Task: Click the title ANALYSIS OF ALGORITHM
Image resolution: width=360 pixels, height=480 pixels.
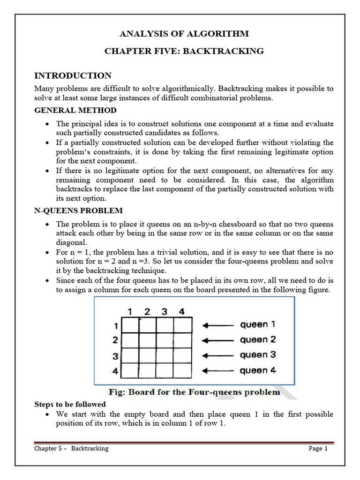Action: [x=184, y=34]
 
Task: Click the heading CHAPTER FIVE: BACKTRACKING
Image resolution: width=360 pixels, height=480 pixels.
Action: [x=184, y=51]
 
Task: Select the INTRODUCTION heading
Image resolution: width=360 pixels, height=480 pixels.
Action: [x=73, y=75]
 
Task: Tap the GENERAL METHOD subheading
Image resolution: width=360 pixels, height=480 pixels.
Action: [x=75, y=110]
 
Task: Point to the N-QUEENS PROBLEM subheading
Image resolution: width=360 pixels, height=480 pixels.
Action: [x=79, y=210]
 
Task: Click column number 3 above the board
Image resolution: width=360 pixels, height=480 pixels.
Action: [x=165, y=311]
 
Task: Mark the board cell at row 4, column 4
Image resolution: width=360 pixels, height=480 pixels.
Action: [x=182, y=370]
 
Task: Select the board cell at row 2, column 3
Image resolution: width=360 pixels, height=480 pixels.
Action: [x=165, y=340]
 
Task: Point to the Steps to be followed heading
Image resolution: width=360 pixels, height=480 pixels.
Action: [x=70, y=404]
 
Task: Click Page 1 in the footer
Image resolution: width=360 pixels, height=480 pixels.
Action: [x=318, y=449]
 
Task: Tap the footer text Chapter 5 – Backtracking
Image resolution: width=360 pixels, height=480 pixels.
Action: [x=71, y=449]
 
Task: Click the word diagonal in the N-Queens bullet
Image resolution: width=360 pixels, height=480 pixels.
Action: [x=72, y=243]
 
